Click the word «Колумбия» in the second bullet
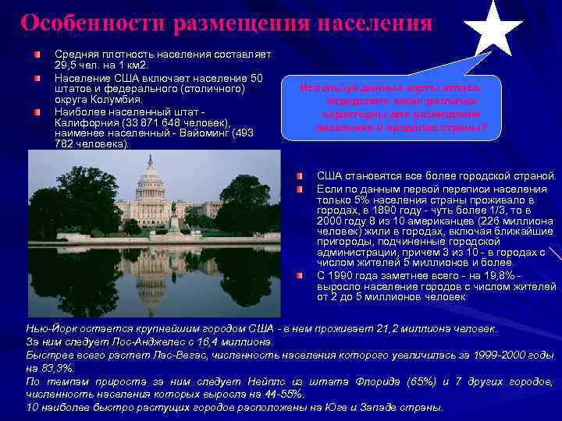point(116,100)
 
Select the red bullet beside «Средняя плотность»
point(37,55)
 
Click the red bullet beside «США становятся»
point(301,175)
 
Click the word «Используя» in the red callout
point(325,89)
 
